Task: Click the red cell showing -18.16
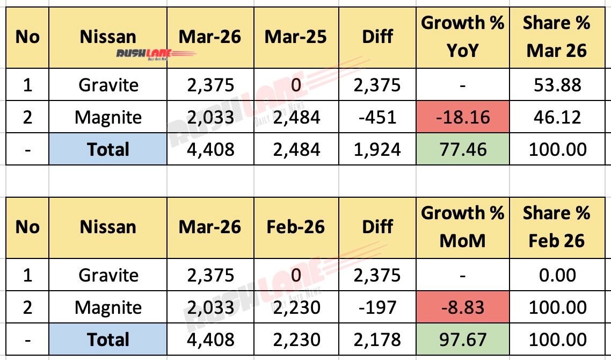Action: pyautogui.click(x=462, y=117)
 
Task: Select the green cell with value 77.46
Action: pyautogui.click(x=462, y=149)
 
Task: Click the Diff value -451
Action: pyautogui.click(x=377, y=117)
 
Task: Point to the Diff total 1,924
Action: pyautogui.click(x=377, y=149)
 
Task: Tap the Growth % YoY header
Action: pyautogui.click(x=462, y=37)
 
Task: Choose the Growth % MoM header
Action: pyautogui.click(x=462, y=227)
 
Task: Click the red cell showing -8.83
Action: pyautogui.click(x=462, y=307)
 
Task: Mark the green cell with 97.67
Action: pyautogui.click(x=462, y=340)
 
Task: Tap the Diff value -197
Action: pyautogui.click(x=377, y=307)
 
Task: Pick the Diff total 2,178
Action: pyautogui.click(x=377, y=340)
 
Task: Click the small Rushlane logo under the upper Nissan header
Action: pyautogui.click(x=156, y=54)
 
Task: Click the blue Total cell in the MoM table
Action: pyautogui.click(x=108, y=340)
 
